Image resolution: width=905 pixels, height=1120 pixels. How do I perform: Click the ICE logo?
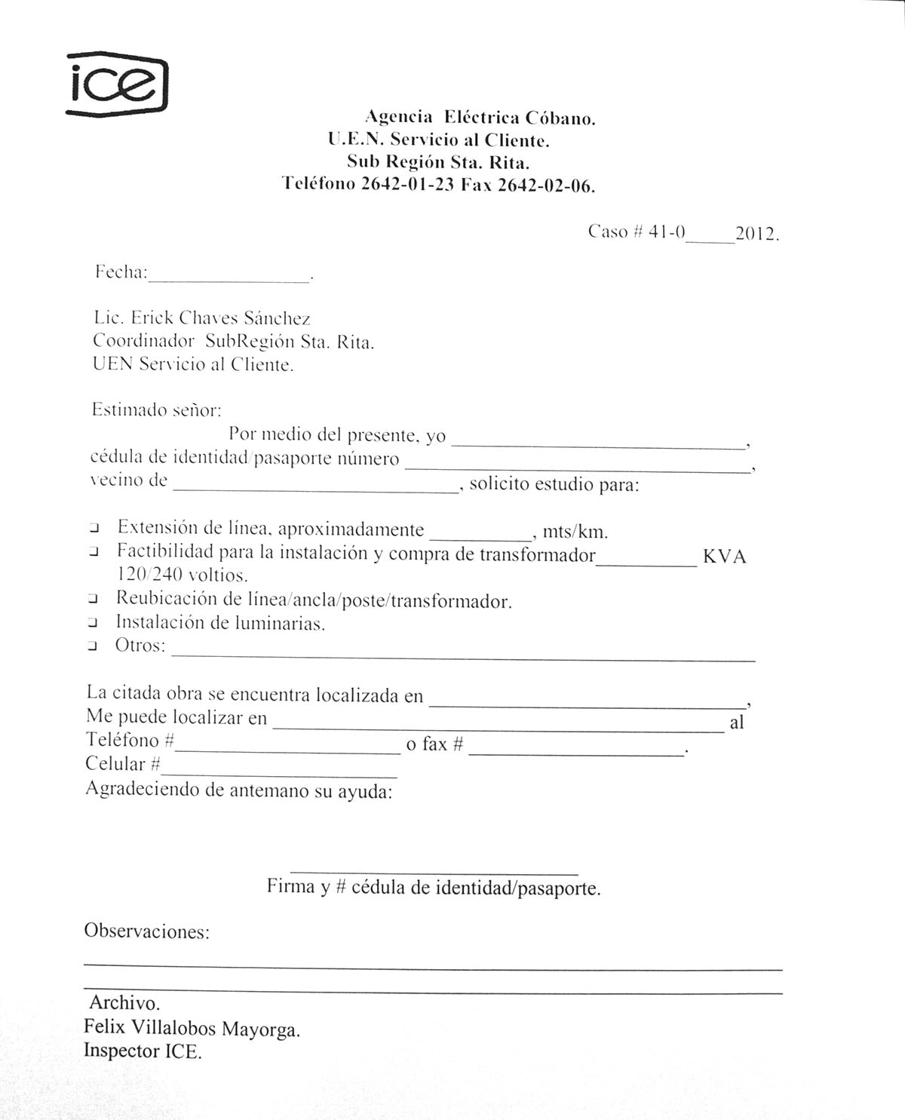(x=118, y=84)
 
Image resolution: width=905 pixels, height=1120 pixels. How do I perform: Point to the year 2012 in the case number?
(x=756, y=234)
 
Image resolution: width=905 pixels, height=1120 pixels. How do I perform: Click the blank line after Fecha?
(x=229, y=275)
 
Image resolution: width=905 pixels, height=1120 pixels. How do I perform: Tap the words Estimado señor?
(x=156, y=410)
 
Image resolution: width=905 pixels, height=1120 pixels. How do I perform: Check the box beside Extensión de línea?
(x=94, y=527)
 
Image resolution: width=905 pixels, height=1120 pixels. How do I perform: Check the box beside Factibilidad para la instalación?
(x=94, y=552)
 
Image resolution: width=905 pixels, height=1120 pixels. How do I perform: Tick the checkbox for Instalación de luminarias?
(x=93, y=623)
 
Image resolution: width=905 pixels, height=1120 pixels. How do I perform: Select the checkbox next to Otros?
(x=93, y=646)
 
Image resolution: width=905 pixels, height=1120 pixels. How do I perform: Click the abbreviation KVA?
(x=724, y=557)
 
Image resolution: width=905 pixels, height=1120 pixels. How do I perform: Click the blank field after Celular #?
(x=279, y=771)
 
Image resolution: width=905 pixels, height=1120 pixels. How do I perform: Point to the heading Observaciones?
(x=146, y=931)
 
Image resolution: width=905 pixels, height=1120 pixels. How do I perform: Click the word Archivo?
(x=124, y=1003)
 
